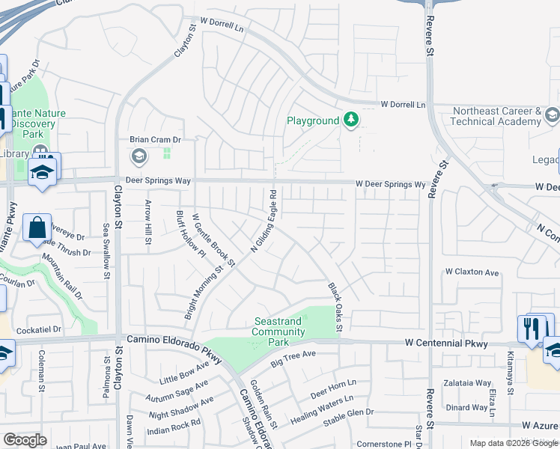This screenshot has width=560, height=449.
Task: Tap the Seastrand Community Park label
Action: [x=278, y=332]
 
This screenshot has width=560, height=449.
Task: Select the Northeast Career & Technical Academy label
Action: [x=496, y=116]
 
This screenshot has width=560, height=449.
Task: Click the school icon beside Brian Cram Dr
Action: [x=138, y=156]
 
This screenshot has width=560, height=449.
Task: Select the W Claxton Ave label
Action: [x=472, y=272]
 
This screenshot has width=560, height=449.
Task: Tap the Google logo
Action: [x=25, y=440]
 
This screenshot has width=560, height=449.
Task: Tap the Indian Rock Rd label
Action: [x=174, y=427]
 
